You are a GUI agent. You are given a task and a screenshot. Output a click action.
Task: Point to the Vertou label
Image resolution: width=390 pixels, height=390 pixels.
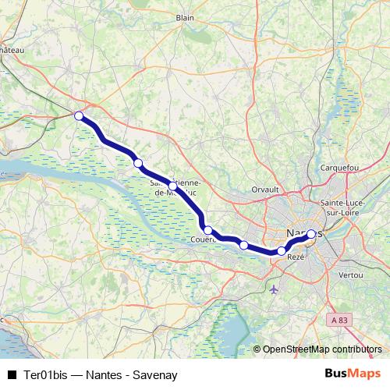352,275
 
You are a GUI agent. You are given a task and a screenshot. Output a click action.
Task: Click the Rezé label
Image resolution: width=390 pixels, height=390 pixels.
296,257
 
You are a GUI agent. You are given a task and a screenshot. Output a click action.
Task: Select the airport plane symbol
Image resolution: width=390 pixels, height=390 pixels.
273,289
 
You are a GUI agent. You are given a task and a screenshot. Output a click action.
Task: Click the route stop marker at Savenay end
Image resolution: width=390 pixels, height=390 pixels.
79,116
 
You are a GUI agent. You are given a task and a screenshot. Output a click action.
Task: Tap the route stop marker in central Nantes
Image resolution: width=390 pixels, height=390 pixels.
310,234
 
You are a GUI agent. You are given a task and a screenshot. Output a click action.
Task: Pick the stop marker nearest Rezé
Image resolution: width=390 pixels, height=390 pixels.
282,251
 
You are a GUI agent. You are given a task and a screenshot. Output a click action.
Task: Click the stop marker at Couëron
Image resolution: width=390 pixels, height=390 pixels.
208,230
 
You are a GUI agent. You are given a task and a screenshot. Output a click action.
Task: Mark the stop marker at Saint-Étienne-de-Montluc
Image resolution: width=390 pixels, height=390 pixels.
176,187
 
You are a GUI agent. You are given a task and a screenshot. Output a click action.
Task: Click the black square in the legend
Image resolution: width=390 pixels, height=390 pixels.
12,374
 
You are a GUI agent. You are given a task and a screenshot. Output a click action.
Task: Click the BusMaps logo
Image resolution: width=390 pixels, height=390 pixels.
353,373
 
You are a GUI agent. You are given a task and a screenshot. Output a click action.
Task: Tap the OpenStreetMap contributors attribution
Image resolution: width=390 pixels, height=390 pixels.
321,349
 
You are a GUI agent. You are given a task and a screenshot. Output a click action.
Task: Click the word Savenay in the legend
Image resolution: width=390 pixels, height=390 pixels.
157,374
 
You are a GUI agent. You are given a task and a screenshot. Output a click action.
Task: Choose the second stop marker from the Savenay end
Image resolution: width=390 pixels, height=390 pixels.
138,163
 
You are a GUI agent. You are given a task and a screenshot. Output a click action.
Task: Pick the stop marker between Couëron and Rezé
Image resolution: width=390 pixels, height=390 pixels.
244,246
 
